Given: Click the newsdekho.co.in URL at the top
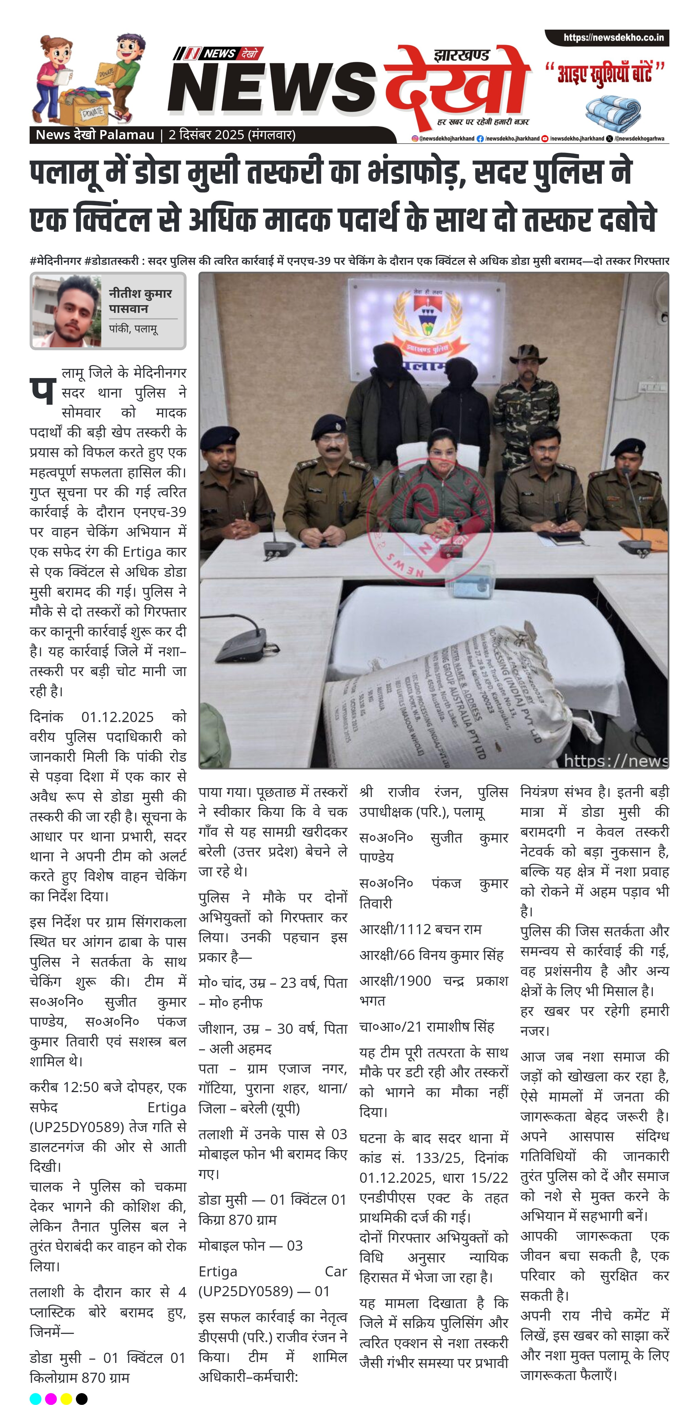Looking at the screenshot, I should (x=613, y=38).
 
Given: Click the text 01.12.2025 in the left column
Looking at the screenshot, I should (x=117, y=717).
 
